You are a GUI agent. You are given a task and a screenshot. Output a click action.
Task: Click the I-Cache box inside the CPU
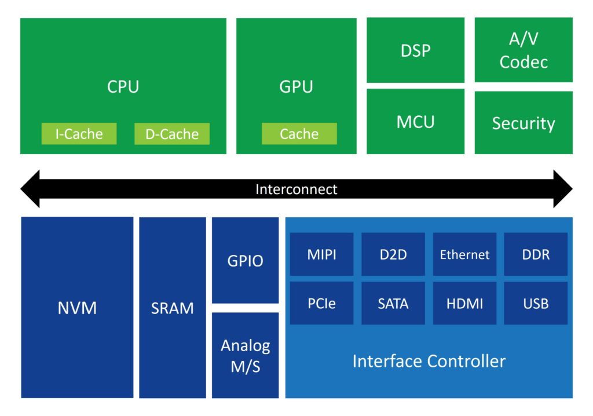point(79,134)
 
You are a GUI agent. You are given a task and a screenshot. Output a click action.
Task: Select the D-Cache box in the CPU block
point(172,134)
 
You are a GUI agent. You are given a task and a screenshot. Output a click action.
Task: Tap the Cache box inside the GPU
point(299,134)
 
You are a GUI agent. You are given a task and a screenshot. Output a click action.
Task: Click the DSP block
point(415,50)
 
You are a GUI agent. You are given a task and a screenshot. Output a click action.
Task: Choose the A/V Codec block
point(524,50)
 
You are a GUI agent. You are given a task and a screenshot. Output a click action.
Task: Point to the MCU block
point(415,122)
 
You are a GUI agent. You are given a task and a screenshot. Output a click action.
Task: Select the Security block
point(524,123)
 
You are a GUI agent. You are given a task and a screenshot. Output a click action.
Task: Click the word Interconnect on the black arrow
point(296,189)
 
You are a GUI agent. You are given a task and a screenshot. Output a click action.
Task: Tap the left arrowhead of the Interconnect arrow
point(31,189)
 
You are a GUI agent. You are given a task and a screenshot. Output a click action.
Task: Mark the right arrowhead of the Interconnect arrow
point(562,189)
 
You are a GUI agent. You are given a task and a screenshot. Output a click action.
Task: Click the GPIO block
point(245,260)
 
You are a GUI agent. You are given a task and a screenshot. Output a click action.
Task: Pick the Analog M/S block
point(245,355)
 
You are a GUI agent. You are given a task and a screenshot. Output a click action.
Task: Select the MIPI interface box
point(322,254)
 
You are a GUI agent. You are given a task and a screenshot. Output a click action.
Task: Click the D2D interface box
point(393,254)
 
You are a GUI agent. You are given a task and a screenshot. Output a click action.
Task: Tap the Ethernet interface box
point(464,254)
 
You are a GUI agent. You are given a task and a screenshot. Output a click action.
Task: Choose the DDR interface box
point(536,254)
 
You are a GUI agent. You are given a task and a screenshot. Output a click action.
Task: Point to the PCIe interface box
point(322,303)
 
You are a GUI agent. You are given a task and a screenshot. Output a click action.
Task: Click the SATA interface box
point(393,303)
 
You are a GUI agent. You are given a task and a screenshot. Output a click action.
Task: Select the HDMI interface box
point(464,303)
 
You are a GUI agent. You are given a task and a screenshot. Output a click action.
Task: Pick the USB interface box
point(536,303)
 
